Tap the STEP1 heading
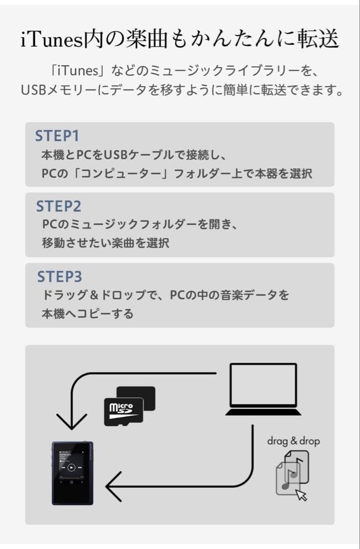(57, 136)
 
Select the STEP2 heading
(58, 206)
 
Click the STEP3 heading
(59, 277)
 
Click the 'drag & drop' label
(293, 441)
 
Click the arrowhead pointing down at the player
(72, 420)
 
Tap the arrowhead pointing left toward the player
(114, 486)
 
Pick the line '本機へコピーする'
(87, 314)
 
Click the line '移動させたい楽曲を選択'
(105, 243)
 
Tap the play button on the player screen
(72, 467)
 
